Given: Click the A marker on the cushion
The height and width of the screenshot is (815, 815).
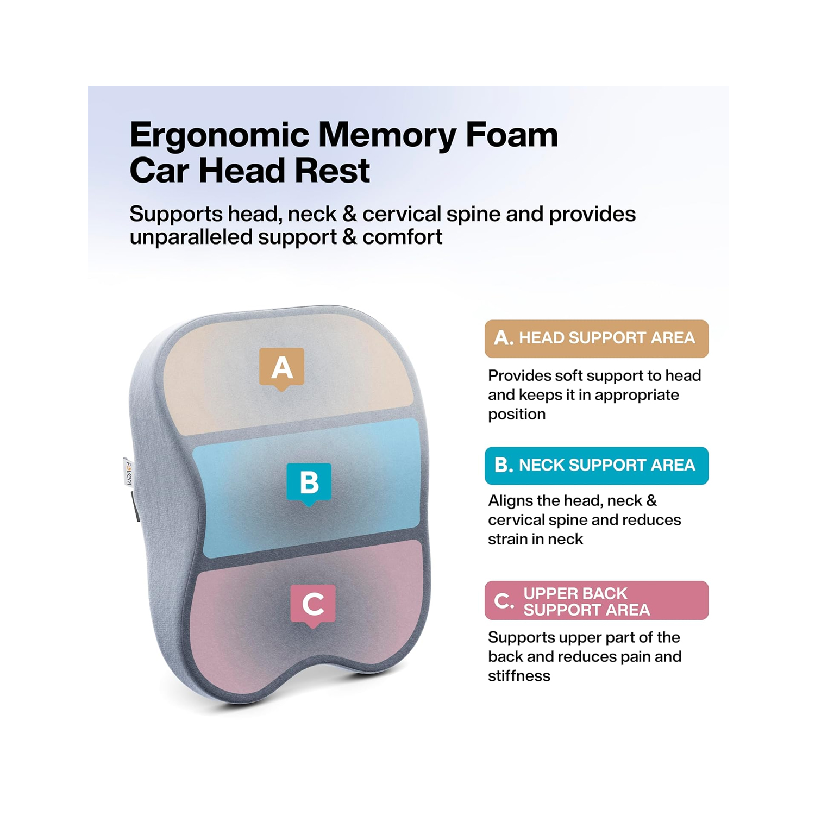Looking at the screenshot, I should click(x=281, y=368).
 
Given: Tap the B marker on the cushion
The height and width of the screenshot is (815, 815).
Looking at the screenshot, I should click(x=309, y=482).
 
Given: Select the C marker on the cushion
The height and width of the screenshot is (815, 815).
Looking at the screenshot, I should click(x=312, y=604).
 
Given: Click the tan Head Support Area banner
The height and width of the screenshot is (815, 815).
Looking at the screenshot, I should click(x=596, y=338).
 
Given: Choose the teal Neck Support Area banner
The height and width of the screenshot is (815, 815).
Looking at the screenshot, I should click(x=596, y=466).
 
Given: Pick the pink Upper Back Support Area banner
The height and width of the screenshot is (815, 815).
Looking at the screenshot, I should click(x=596, y=600).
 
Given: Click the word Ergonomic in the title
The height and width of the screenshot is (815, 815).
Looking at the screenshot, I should click(x=219, y=136).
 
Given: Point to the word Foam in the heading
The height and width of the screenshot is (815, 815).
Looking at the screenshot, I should click(x=512, y=135).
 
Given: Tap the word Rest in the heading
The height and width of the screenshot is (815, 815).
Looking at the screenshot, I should click(x=332, y=171).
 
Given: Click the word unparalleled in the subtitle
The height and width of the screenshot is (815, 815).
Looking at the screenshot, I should click(x=192, y=237).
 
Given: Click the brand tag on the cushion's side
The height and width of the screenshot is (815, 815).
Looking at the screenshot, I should click(x=128, y=473).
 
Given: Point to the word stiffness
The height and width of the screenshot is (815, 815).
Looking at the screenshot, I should click(x=519, y=676).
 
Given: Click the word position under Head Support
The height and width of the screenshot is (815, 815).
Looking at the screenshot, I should click(x=516, y=415).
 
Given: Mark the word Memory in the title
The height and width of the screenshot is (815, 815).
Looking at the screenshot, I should click(x=386, y=135).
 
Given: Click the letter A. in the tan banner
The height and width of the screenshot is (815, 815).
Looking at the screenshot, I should click(x=503, y=338).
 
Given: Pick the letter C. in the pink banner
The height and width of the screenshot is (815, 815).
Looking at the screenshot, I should click(x=504, y=601).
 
